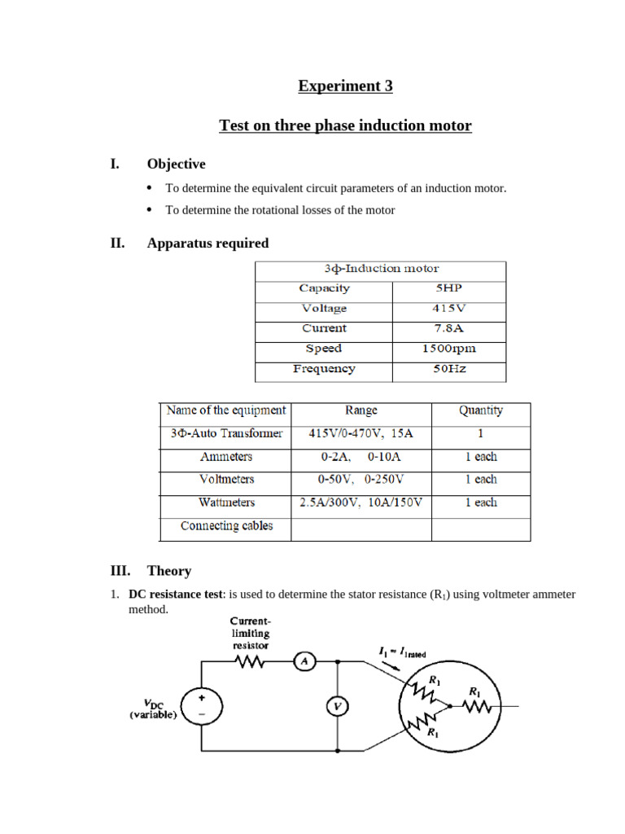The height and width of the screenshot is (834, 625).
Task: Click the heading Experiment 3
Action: (345, 86)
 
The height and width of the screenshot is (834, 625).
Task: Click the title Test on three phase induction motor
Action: (345, 125)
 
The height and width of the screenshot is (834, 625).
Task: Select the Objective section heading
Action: (176, 165)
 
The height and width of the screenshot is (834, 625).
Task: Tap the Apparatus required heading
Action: (208, 243)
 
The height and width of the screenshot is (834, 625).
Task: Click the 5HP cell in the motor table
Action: (448, 288)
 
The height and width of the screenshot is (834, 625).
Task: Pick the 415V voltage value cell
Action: (448, 309)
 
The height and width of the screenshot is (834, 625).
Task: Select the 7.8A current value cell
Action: (448, 328)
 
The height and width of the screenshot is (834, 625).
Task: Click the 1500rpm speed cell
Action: (448, 349)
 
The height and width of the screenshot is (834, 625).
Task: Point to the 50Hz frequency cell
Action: (448, 369)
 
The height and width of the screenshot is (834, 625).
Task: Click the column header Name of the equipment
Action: (225, 410)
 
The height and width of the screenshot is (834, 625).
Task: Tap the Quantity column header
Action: (480, 410)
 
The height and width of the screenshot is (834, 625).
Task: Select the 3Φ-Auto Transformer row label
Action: (225, 433)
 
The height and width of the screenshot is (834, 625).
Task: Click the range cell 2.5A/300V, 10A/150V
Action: (361, 503)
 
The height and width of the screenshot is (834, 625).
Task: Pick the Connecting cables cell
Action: (226, 526)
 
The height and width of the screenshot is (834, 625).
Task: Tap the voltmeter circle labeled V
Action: (337, 706)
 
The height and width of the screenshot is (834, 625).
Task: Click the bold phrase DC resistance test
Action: (175, 595)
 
